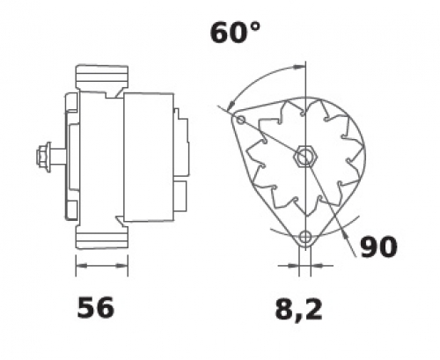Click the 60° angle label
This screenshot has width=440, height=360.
(235, 33)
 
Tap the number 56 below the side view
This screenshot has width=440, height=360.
(95, 307)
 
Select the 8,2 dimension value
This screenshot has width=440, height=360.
(298, 309)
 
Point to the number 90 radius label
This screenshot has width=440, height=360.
(378, 246)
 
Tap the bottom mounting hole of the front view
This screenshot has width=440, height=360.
(305, 236)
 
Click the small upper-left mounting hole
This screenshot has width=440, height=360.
(241, 120)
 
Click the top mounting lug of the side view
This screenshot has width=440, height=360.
(102, 77)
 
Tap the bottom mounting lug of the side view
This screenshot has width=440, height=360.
(102, 237)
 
